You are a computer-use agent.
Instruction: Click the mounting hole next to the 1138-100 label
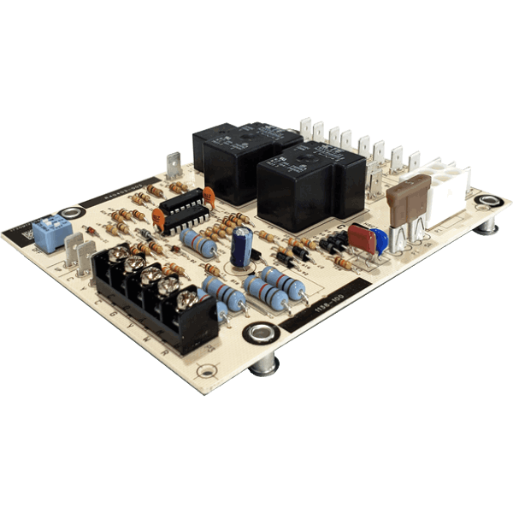pyautogui.click(x=256, y=333)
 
